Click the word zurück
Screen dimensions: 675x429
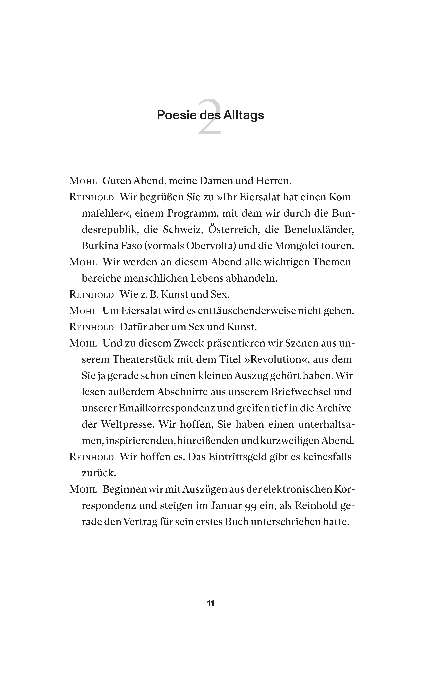coord(99,473)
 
